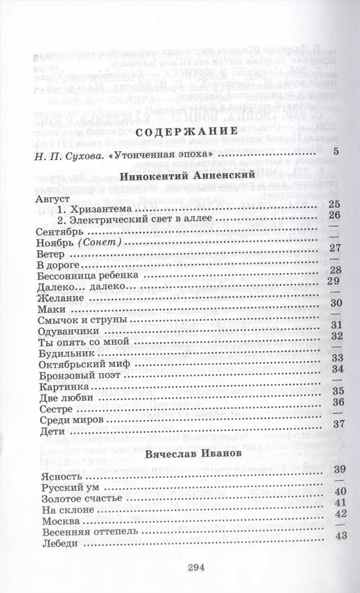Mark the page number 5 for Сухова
coord(336,152)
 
